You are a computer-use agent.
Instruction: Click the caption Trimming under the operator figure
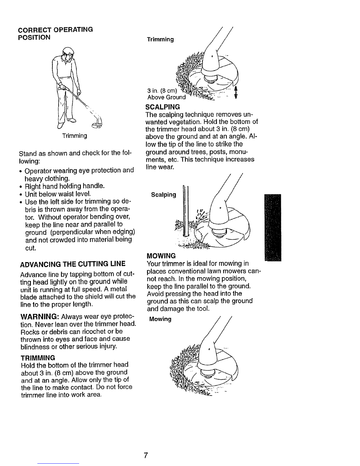(x=74, y=136)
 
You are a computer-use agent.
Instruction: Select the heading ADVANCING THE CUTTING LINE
(x=72, y=263)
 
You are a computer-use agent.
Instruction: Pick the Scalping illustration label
(x=163, y=195)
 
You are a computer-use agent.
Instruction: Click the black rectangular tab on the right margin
(x=273, y=228)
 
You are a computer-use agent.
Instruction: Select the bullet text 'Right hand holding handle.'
(x=65, y=186)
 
